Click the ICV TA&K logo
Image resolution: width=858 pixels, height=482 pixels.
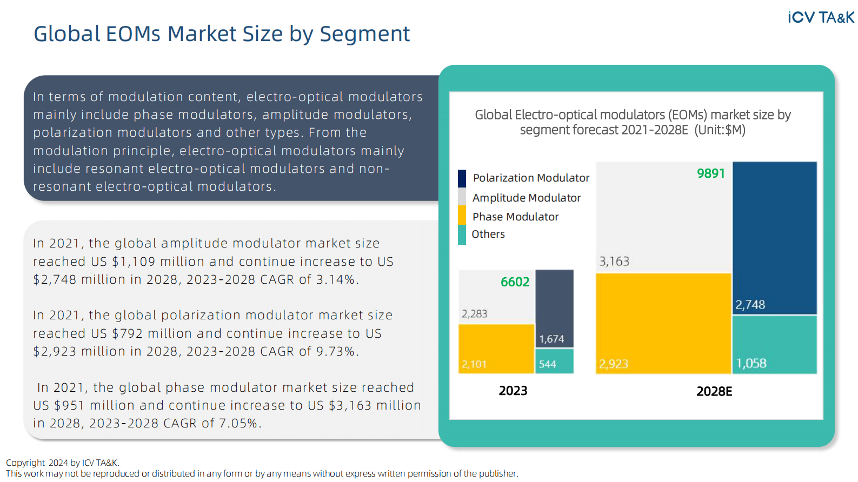tap(821, 18)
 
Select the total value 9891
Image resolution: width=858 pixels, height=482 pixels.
tap(710, 173)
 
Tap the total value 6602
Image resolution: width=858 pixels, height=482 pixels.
tap(515, 282)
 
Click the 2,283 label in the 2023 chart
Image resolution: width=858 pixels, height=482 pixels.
tap(474, 314)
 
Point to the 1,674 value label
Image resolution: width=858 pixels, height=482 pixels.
tap(551, 339)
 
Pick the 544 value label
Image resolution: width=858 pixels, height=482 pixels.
tap(547, 364)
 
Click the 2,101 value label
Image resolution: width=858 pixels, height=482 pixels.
tap(474, 364)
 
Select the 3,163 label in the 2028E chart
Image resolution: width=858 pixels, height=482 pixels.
tap(614, 262)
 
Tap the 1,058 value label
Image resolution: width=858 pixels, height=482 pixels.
tap(751, 363)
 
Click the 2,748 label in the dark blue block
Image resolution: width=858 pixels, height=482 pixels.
tap(750, 305)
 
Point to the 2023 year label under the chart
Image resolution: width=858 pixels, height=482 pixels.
tap(513, 391)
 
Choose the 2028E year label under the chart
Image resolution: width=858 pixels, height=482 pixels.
tap(714, 391)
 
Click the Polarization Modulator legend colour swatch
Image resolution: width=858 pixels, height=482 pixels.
tap(462, 178)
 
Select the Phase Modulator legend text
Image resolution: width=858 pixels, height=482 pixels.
tap(515, 217)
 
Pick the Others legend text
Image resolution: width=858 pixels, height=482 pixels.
tap(488, 234)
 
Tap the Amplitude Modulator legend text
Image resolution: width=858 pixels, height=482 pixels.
tap(526, 198)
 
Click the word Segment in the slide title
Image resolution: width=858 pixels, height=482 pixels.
tap(364, 34)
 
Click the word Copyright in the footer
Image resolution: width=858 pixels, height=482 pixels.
tap(25, 463)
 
